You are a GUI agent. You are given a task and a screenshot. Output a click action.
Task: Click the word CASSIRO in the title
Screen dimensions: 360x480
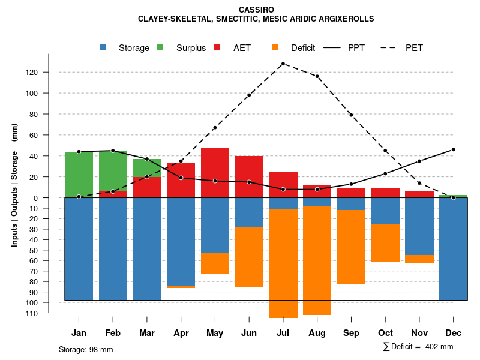256,10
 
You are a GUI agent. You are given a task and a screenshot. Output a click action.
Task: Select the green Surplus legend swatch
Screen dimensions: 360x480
161,48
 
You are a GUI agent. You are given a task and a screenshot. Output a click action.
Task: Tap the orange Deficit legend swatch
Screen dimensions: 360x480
275,48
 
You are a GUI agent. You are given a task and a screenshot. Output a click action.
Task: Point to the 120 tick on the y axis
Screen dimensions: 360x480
47,73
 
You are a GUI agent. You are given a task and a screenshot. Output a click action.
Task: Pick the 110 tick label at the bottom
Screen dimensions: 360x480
47,313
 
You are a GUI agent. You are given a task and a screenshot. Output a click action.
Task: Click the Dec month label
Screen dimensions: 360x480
453,333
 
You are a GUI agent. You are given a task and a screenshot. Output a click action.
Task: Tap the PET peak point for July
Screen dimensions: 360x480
283,64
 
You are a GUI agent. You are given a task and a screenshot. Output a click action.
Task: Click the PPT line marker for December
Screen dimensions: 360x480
453,149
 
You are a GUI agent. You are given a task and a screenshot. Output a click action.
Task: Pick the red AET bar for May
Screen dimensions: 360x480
215,173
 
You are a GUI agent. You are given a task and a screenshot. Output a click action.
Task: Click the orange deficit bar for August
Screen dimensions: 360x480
317,260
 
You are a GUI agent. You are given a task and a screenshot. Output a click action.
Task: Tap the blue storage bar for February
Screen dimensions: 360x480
113,249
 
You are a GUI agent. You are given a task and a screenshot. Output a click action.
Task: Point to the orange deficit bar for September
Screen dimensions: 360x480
351,247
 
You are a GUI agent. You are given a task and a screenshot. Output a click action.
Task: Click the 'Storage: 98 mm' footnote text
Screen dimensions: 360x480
86,349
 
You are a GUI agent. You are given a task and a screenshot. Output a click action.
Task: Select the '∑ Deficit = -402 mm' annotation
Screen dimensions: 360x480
418,347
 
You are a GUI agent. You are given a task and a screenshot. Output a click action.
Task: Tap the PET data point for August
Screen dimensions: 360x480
317,76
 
